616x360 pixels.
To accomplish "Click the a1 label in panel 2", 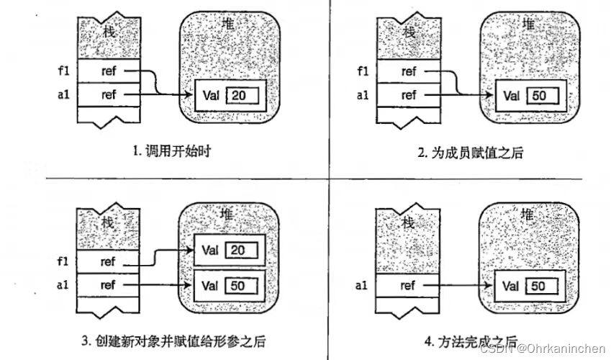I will coord(363,94).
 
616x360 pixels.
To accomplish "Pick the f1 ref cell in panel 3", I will coord(108,262).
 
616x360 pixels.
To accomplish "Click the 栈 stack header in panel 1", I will coord(107,32).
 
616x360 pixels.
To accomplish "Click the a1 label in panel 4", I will coord(363,286).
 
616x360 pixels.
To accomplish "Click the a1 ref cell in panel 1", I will coord(108,94).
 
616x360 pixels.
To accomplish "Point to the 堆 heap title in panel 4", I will coord(528,214).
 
